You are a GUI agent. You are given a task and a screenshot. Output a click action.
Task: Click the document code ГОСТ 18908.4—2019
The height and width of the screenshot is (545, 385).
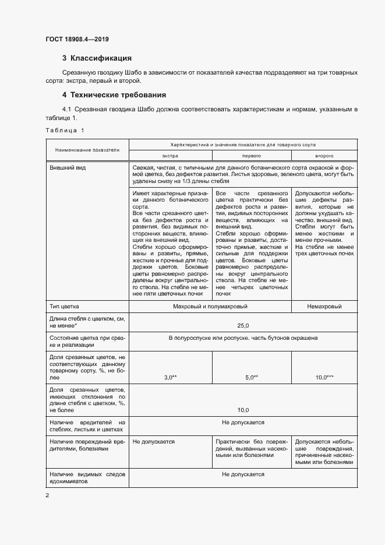click(x=77, y=39)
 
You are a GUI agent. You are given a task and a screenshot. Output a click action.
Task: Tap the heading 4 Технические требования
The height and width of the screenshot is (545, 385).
click(x=114, y=94)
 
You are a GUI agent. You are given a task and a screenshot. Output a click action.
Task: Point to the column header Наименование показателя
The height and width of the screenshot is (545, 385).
click(x=87, y=150)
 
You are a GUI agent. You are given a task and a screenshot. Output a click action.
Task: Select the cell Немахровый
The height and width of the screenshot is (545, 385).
click(x=324, y=306)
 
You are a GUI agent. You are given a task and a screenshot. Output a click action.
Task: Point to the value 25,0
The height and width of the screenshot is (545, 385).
click(x=243, y=325)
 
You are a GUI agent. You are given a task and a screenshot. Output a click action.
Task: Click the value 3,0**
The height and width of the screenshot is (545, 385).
click(x=170, y=378)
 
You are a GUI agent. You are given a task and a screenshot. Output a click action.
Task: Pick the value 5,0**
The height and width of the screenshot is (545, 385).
click(x=251, y=378)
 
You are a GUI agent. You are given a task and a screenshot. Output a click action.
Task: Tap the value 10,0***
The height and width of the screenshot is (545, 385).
click(x=324, y=378)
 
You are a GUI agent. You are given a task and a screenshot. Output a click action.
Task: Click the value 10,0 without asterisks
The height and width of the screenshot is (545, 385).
click(x=243, y=410)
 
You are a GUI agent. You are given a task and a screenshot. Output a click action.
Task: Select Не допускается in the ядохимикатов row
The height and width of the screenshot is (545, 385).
click(x=243, y=474)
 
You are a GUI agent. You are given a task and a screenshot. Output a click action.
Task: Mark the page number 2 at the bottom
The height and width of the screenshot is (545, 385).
click(x=47, y=495)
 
